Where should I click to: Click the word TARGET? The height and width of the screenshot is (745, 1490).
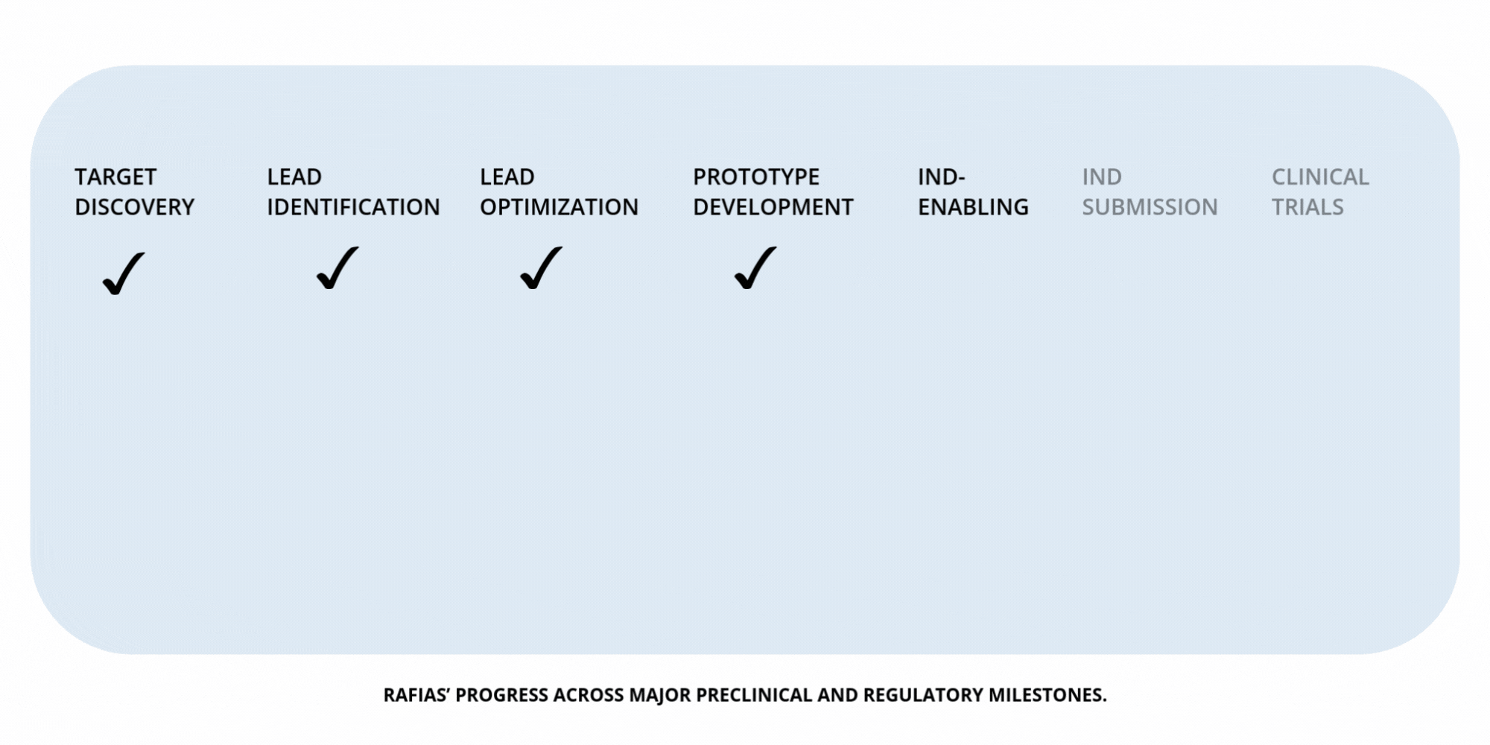(115, 177)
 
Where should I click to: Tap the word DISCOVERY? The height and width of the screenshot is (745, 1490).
(134, 207)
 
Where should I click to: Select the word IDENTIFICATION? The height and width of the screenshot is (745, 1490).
(353, 207)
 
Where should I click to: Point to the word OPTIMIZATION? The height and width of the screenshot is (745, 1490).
(559, 207)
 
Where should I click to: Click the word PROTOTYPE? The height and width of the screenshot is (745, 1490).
(756, 177)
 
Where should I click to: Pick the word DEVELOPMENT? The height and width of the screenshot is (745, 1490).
(773, 207)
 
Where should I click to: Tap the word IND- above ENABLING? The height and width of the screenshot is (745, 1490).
(941, 177)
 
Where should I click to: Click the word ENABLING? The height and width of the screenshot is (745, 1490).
(973, 207)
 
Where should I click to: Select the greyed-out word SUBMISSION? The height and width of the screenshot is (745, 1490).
(1150, 207)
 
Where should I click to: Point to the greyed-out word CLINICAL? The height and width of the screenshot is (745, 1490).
(1320, 177)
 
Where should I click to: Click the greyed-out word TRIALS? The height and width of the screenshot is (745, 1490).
(1307, 207)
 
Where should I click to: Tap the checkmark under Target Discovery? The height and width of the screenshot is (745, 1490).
(123, 273)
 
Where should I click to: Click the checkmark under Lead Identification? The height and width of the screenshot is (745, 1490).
(337, 268)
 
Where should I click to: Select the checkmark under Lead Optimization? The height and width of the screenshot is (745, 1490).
(541, 268)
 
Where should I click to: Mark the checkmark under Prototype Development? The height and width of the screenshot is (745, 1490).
(755, 268)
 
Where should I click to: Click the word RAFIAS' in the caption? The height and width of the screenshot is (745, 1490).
(416, 695)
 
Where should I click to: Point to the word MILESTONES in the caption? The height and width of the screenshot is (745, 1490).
(1047, 695)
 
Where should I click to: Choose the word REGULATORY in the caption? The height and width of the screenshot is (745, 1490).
(923, 695)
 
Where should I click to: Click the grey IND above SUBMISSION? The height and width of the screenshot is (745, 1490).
(1102, 177)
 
